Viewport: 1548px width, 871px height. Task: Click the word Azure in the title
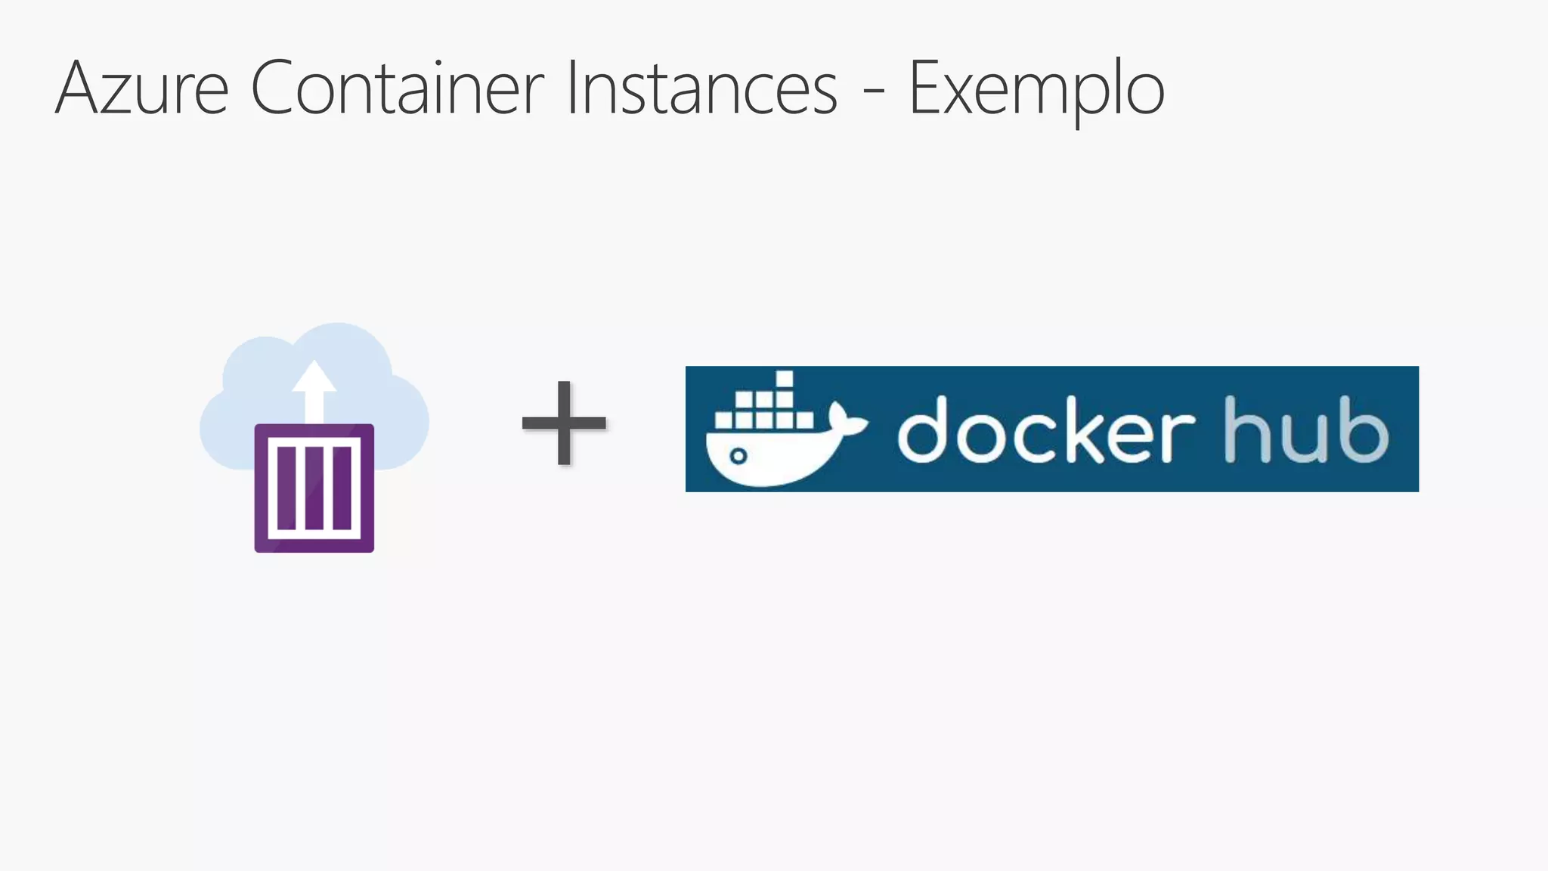(x=142, y=89)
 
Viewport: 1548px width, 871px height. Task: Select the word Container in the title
(x=397, y=89)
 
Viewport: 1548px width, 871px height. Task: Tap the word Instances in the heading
(x=701, y=89)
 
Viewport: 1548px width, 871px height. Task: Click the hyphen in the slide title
(x=874, y=94)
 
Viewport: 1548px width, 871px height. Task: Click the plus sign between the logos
(x=564, y=422)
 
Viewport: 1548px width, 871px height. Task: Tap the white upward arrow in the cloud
(x=314, y=389)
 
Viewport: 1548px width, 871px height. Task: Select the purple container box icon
(x=314, y=488)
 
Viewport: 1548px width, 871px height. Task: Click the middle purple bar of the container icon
(x=314, y=488)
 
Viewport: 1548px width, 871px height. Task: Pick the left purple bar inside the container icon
(x=287, y=488)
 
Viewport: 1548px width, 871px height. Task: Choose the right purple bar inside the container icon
(x=342, y=488)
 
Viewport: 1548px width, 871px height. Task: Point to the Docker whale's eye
(x=738, y=456)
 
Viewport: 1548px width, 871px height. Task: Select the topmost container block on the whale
(x=785, y=379)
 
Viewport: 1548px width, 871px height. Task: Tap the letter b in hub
(x=1364, y=431)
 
